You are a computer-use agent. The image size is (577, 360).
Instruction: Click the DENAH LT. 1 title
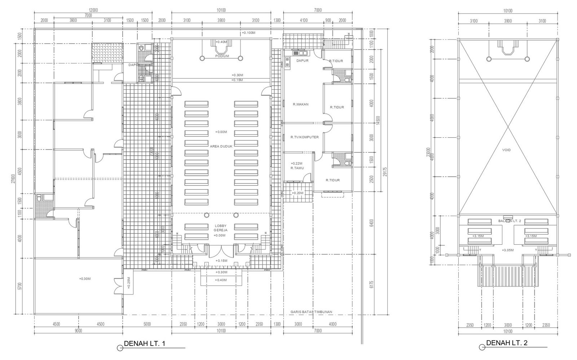[144, 343]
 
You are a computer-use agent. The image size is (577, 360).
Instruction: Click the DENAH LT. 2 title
[507, 343]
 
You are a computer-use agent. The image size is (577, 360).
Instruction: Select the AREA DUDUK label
[221, 146]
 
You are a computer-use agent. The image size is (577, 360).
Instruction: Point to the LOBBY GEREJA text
[220, 228]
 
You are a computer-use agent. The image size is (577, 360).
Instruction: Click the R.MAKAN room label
[300, 104]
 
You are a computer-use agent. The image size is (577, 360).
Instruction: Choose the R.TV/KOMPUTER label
[304, 137]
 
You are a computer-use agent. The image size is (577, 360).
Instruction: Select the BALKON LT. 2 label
[508, 221]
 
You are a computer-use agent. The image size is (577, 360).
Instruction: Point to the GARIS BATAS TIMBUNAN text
[311, 312]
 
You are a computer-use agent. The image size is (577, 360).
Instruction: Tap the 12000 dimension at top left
[93, 10]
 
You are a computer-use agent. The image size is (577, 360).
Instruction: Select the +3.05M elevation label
[508, 250]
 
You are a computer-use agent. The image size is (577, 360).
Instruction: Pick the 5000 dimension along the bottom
[147, 324]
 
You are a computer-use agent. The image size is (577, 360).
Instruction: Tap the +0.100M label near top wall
[248, 33]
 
